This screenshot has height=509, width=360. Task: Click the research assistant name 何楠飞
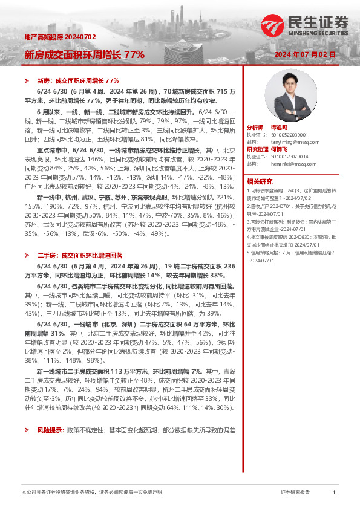295,149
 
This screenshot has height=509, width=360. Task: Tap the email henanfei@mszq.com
288,163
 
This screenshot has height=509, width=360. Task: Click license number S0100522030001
291,135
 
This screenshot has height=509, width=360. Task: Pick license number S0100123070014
291,156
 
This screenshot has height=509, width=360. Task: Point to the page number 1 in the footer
334,493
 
